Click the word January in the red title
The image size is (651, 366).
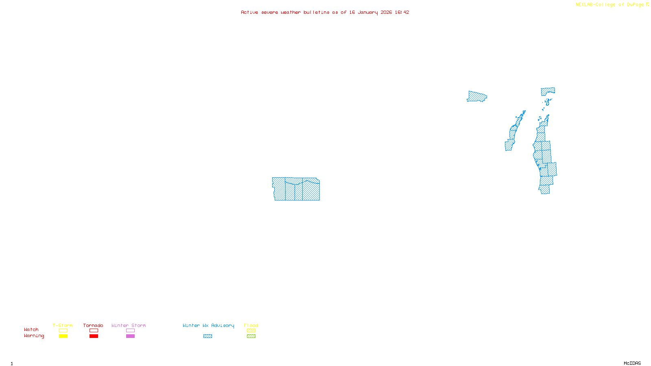pyautogui.click(x=368, y=13)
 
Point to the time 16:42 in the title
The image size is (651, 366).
pyautogui.click(x=402, y=13)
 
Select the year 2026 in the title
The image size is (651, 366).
pyautogui.click(x=386, y=13)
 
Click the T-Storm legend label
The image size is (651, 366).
pyautogui.click(x=63, y=325)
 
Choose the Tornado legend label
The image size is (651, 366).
pyautogui.click(x=93, y=325)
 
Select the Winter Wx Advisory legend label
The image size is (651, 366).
pyautogui.click(x=208, y=325)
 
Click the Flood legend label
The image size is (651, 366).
pyautogui.click(x=251, y=325)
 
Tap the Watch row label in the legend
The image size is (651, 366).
pyautogui.click(x=31, y=329)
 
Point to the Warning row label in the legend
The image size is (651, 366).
pyautogui.click(x=34, y=336)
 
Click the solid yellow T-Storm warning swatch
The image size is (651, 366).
pyautogui.click(x=63, y=336)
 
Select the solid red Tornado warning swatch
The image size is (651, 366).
pyautogui.click(x=94, y=336)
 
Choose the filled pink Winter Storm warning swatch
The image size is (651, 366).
pyautogui.click(x=130, y=336)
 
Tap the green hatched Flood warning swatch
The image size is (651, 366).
pyautogui.click(x=251, y=336)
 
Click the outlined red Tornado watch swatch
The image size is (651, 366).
pyautogui.click(x=94, y=331)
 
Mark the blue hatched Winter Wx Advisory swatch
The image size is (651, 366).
pyautogui.click(x=208, y=336)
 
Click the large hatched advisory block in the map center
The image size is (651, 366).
pyautogui.click(x=296, y=189)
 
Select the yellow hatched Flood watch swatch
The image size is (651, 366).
pyautogui.click(x=251, y=331)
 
